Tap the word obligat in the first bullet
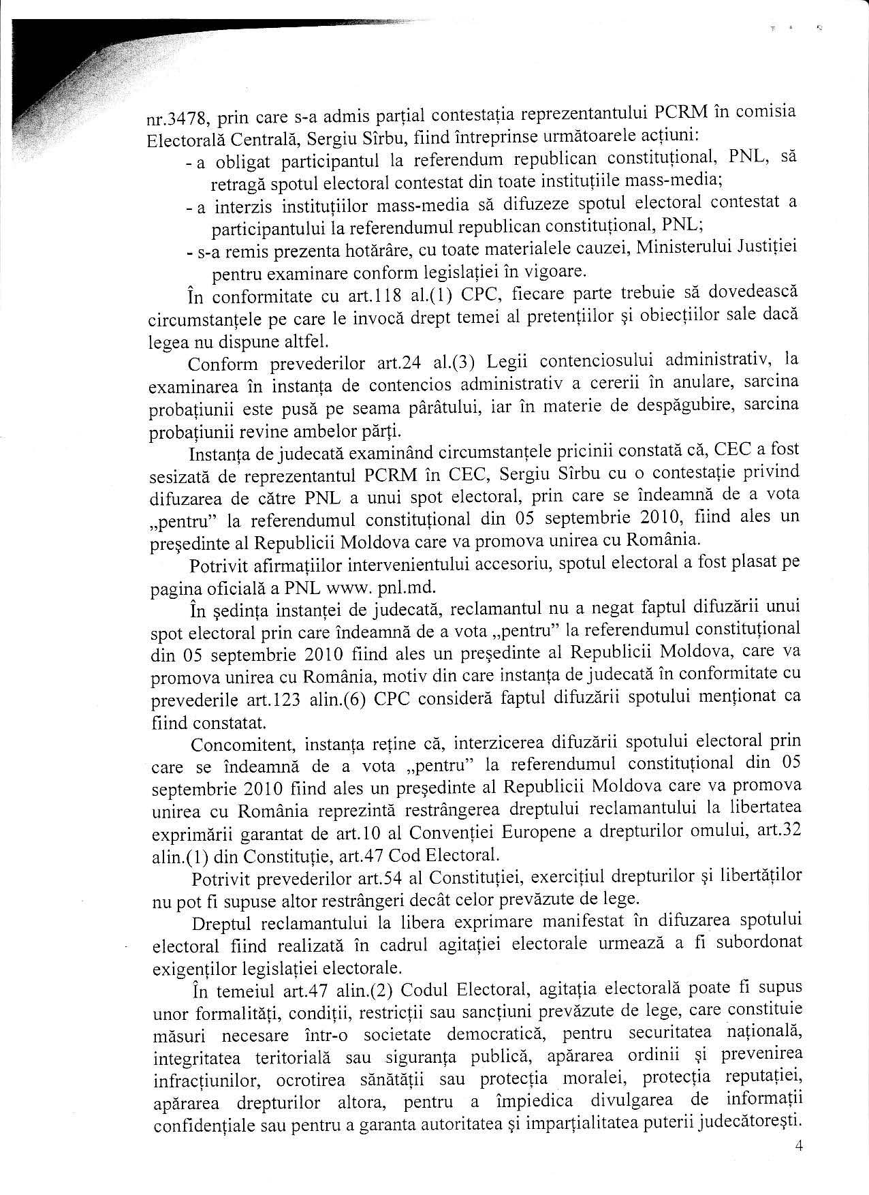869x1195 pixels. pyautogui.click(x=246, y=162)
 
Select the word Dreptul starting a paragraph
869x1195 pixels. pyautogui.click(x=222, y=922)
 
